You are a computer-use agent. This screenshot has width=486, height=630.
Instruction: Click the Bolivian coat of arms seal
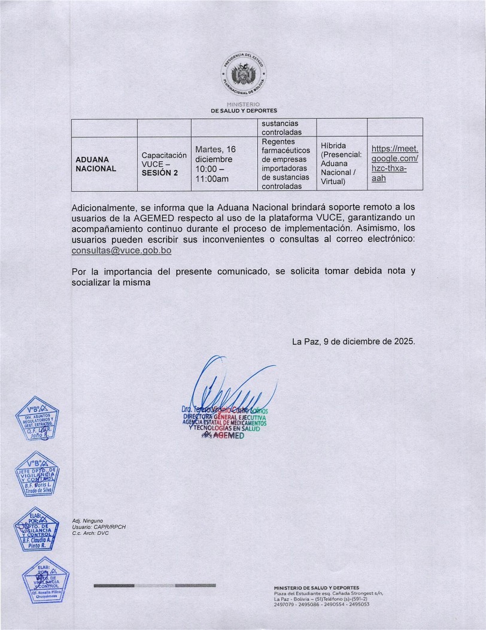(x=243, y=75)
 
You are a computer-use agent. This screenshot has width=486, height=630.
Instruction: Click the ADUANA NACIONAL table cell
(x=96, y=164)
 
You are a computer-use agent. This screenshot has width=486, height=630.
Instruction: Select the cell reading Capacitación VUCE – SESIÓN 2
(x=163, y=163)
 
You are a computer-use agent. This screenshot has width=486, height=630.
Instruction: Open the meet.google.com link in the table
(x=394, y=163)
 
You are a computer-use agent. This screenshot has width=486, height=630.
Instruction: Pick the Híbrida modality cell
(x=341, y=163)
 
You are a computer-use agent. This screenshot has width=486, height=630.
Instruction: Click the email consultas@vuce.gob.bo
(x=121, y=252)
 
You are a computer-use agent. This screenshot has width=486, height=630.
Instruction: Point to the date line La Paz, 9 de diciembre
(x=353, y=341)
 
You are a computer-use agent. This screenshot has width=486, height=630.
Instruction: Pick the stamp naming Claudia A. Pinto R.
(x=37, y=530)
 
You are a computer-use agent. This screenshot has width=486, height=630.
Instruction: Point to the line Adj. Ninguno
(x=87, y=521)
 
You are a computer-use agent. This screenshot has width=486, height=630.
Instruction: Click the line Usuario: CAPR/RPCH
(x=98, y=527)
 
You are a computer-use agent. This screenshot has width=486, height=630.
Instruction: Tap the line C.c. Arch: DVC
(x=92, y=533)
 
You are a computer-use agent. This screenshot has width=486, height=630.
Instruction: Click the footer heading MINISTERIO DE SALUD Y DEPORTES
(x=317, y=588)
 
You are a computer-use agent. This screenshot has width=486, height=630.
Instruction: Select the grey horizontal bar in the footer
(x=154, y=584)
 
